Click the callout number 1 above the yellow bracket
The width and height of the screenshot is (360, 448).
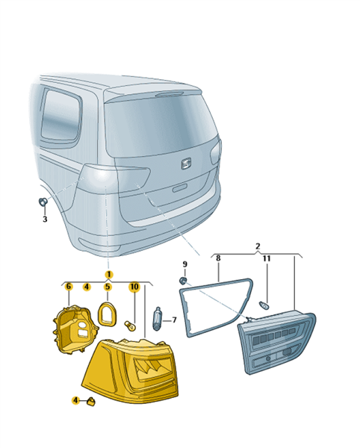pos(109,275)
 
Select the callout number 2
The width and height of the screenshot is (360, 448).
pos(258,246)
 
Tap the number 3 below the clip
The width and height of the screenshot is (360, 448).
pos(45,220)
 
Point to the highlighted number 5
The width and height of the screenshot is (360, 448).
pos(108,287)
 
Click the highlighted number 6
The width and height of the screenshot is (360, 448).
pos(68,287)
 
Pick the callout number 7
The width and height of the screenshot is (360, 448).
pos(174,320)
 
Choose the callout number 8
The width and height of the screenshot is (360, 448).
pos(218,258)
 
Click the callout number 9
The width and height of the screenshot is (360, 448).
pos(184,264)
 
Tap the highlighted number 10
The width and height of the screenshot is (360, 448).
pos(134,287)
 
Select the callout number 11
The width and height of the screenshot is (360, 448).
pos(267,258)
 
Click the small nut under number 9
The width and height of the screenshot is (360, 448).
pos(183,281)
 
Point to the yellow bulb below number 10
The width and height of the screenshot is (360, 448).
pos(130,325)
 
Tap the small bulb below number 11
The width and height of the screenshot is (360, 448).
pos(264,305)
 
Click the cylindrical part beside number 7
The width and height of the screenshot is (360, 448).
pos(158,319)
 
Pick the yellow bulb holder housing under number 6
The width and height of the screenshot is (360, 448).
pos(75,329)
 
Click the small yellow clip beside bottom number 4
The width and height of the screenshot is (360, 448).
pos(91,402)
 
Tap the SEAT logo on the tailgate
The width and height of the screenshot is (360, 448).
pos(187,164)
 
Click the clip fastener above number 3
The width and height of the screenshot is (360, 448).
pos(43,202)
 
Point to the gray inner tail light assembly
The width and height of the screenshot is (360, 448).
pos(276,342)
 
